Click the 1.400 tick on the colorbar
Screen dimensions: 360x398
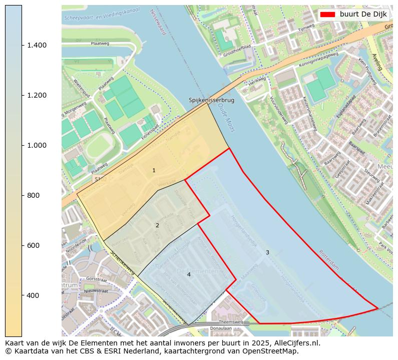[x=36, y=46]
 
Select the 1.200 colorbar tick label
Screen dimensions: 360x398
[x=36, y=96]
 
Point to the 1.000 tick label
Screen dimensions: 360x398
[x=36, y=146]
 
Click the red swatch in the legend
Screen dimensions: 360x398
[x=327, y=15]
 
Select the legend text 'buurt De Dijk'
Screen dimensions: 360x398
[x=363, y=15]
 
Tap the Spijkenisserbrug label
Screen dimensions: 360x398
[x=211, y=100]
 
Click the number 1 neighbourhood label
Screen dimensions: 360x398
[x=154, y=171]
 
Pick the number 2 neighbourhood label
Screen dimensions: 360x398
[x=157, y=226]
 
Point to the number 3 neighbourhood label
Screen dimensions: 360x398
[x=267, y=253]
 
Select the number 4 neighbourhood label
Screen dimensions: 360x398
[x=189, y=275]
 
